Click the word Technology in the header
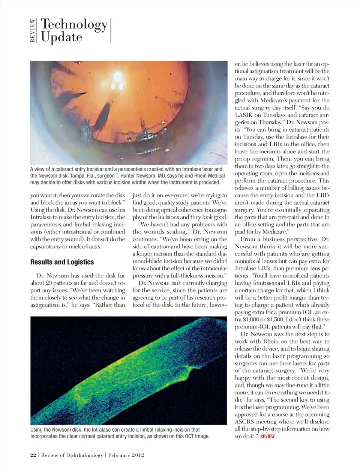[x=74, y=24]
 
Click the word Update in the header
[x=61, y=37]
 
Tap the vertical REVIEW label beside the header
[x=33, y=31]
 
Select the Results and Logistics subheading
[x=62, y=262]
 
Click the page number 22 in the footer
[x=33, y=455]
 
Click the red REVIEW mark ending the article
[x=267, y=436]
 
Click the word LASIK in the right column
[x=244, y=115]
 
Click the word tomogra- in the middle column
[x=212, y=210]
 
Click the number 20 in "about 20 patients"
[x=49, y=283]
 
